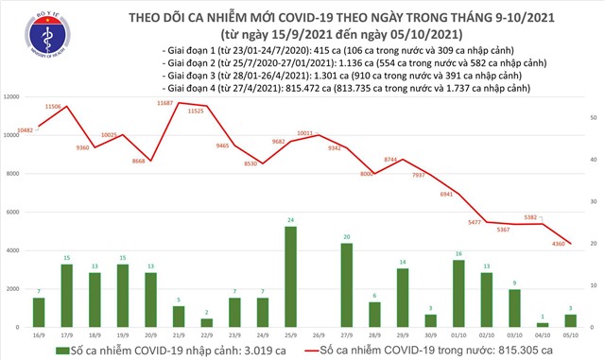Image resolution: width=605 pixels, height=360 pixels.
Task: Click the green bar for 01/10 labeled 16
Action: tap(459, 293)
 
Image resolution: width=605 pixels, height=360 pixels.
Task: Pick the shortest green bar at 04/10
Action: tap(544, 324)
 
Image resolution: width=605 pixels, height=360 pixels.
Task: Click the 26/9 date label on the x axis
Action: tap(320, 334)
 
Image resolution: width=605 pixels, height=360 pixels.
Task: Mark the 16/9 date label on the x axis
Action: tap(40, 334)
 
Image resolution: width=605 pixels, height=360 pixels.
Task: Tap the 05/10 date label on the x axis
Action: tap(571, 334)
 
